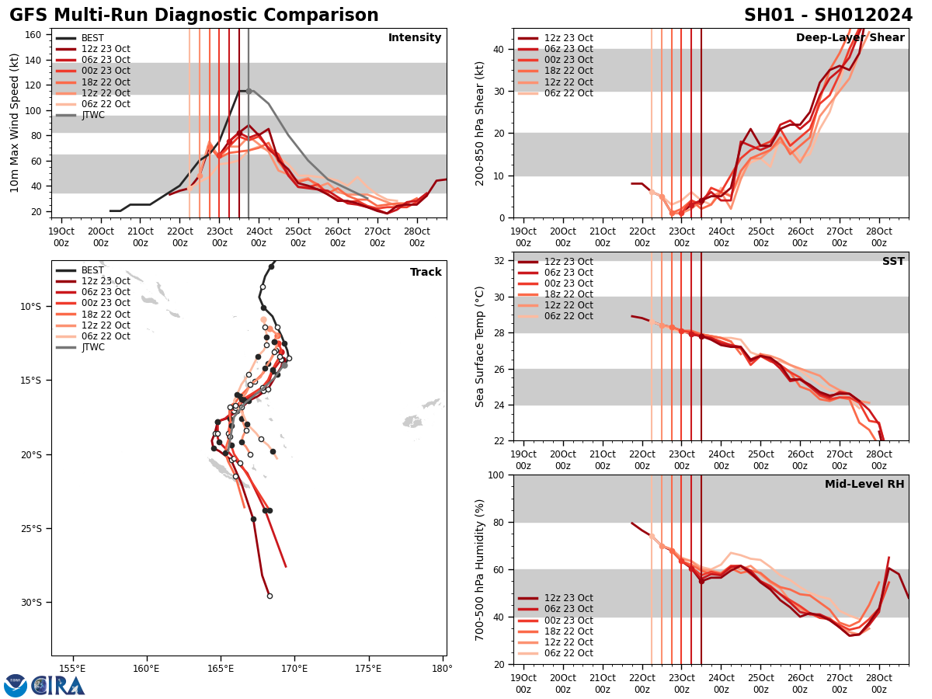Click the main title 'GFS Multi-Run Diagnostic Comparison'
pos(194,16)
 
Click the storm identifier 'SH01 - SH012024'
pos(828,16)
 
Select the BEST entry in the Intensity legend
pos(92,38)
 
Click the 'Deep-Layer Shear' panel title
pos(850,38)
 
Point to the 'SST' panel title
pos(892,262)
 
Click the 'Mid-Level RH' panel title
pos(864,485)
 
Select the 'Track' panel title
pos(426,273)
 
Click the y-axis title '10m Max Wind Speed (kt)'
pos(15,123)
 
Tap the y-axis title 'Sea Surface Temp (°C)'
pos(480,346)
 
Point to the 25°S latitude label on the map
pos(31,529)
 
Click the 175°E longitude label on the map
pos(368,668)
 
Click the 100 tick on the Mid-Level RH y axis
pos(495,475)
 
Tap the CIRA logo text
pos(58,686)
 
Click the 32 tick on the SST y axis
pos(498,261)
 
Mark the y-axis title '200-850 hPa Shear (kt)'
pos(480,123)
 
